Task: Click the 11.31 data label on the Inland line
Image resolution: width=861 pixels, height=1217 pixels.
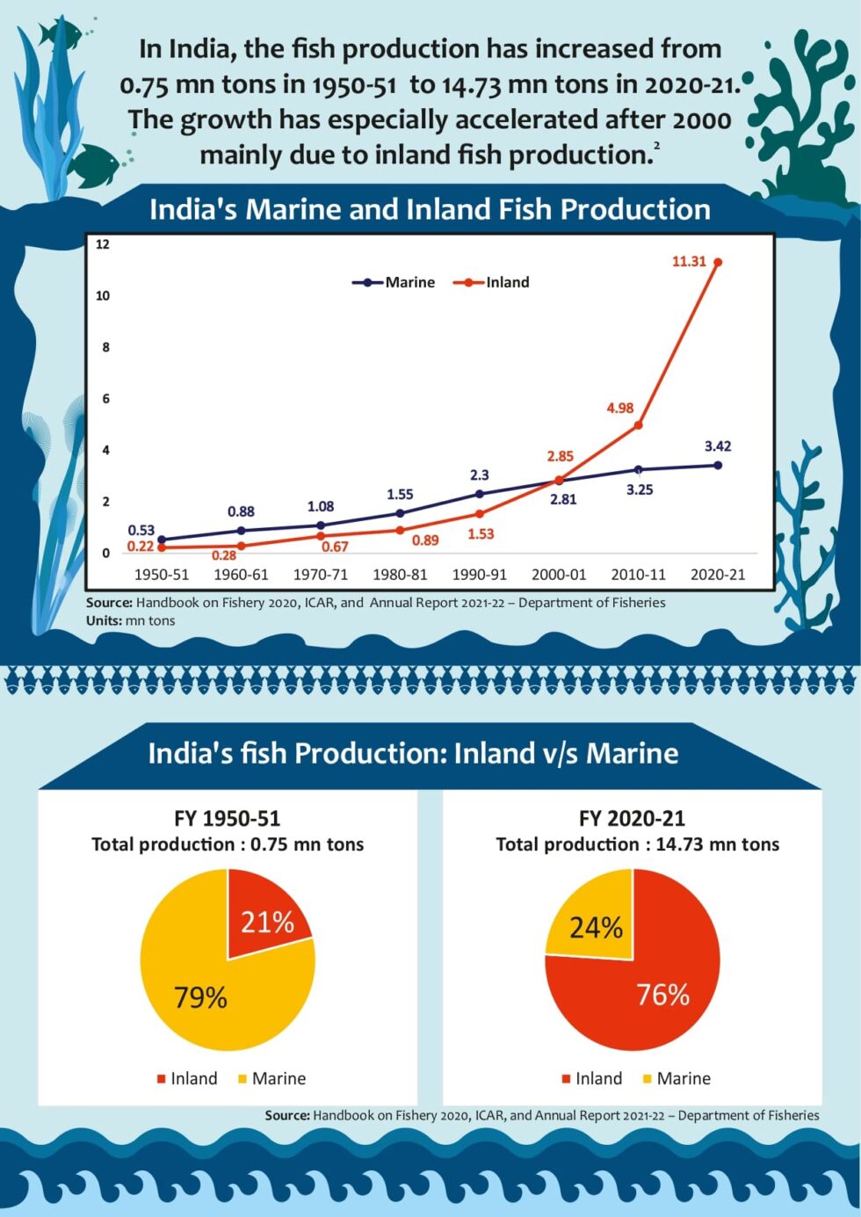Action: tap(689, 262)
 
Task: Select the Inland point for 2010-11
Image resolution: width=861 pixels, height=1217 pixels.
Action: tap(639, 425)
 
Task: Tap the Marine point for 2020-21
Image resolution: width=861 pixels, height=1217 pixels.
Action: tap(718, 465)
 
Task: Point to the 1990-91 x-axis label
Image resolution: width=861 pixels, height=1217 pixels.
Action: tap(479, 575)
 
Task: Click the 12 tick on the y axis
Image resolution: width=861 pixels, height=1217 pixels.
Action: tap(103, 244)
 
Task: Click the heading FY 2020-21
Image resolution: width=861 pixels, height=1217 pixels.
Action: tap(632, 819)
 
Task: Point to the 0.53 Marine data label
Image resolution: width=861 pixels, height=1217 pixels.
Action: tap(141, 530)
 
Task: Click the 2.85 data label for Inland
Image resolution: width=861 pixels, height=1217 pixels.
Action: tap(560, 456)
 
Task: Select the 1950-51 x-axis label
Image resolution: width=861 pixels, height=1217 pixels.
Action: tap(162, 575)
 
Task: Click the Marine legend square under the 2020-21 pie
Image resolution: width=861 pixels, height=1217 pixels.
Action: tap(648, 1079)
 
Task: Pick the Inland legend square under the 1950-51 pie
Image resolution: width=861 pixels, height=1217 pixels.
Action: tap(161, 1079)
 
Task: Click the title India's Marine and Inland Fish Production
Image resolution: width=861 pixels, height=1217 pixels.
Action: tap(430, 209)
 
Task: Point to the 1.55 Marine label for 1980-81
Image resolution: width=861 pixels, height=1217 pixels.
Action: tap(400, 495)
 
